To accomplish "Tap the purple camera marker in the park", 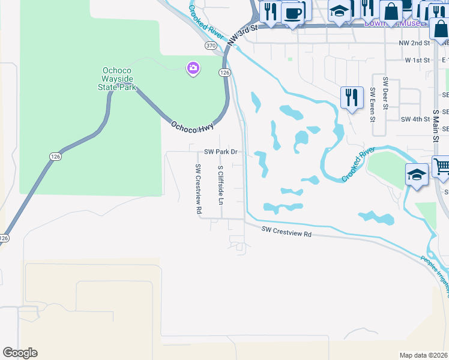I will pos(193,68).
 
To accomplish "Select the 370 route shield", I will pos(210,46).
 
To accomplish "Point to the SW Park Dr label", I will pos(221,152).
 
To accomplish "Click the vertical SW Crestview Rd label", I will pos(198,190).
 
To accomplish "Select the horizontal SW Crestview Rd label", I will pos(287,232).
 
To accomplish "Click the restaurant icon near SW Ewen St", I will pos(351,97).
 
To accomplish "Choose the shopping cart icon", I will pos(442,166).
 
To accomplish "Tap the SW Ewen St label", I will pos(373,104).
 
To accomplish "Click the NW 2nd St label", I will pos(415,44).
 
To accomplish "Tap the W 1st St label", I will pos(417,60).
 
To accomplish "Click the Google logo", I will pos(20,353).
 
